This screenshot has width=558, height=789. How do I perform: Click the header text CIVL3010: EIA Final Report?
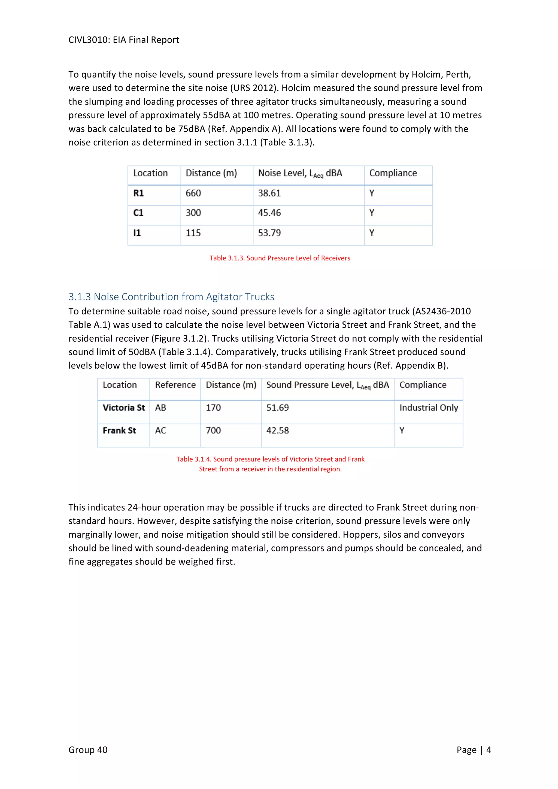(124, 40)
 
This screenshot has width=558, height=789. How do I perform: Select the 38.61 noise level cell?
(269, 193)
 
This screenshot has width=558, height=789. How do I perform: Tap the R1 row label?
(138, 193)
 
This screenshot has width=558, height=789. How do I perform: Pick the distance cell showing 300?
(193, 213)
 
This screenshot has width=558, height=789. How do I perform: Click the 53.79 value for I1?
(269, 233)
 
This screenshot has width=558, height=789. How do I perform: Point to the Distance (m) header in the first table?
(211, 173)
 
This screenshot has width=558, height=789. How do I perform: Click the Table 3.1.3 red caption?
(280, 258)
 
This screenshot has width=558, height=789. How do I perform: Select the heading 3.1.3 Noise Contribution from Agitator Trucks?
(171, 297)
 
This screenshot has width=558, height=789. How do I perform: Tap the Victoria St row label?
(124, 408)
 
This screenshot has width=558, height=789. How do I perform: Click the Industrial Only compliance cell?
(429, 408)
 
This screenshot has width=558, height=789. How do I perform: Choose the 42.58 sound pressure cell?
(278, 430)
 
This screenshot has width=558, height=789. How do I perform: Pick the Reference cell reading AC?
(160, 430)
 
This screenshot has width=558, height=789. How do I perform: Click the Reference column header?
(175, 385)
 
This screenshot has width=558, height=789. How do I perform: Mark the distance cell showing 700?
(213, 430)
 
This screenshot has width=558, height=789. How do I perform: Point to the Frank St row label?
(119, 430)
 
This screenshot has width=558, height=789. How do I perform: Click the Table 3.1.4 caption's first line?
(270, 459)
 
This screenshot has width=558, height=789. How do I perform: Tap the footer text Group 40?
(88, 750)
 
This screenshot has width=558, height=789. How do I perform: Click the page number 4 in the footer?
(489, 750)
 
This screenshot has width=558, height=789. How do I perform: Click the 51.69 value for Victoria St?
(278, 408)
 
